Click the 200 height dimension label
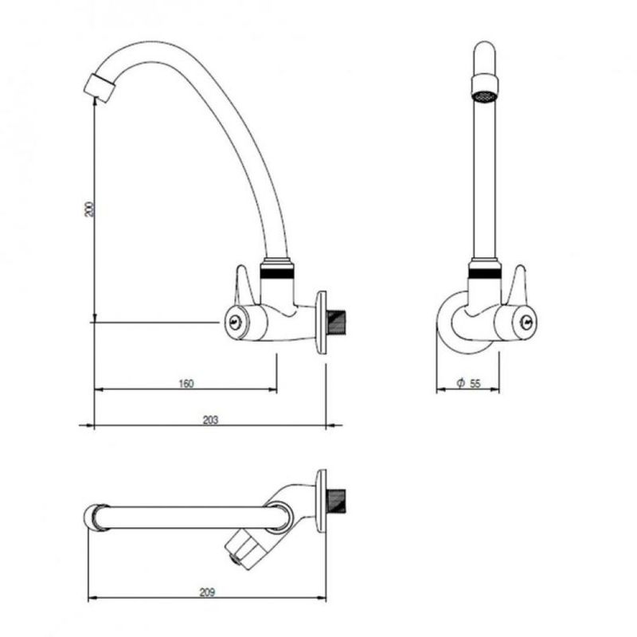pyautogui.click(x=89, y=209)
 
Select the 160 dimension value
pyautogui.click(x=186, y=383)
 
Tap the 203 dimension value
pyautogui.click(x=210, y=420)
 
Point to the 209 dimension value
pyautogui.click(x=207, y=592)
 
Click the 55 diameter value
pyautogui.click(x=475, y=383)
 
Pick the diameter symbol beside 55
pyautogui.click(x=460, y=383)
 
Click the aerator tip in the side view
pyautogui.click(x=100, y=88)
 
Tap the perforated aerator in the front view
pyautogui.click(x=484, y=96)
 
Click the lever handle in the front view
pyautogui.click(x=518, y=285)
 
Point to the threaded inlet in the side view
pyautogui.click(x=336, y=323)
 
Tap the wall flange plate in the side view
pyautogui.click(x=322, y=322)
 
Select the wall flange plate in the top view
pyautogui.click(x=321, y=501)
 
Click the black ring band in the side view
pyautogui.click(x=276, y=273)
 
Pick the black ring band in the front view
pyautogui.click(x=484, y=273)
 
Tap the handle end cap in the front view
pyautogui.click(x=528, y=322)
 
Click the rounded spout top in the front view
pyautogui.click(x=484, y=57)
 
